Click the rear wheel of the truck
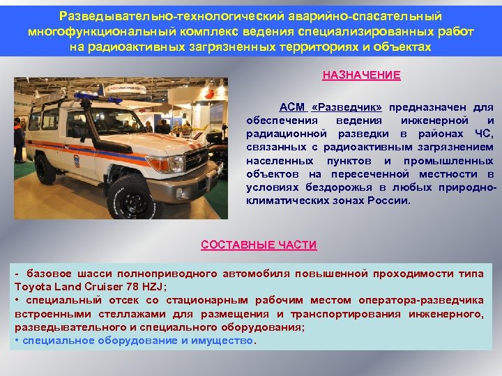(x=46, y=169)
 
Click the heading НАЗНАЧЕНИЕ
(x=361, y=75)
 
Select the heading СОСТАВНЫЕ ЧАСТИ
(x=259, y=245)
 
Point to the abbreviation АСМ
(x=292, y=107)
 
